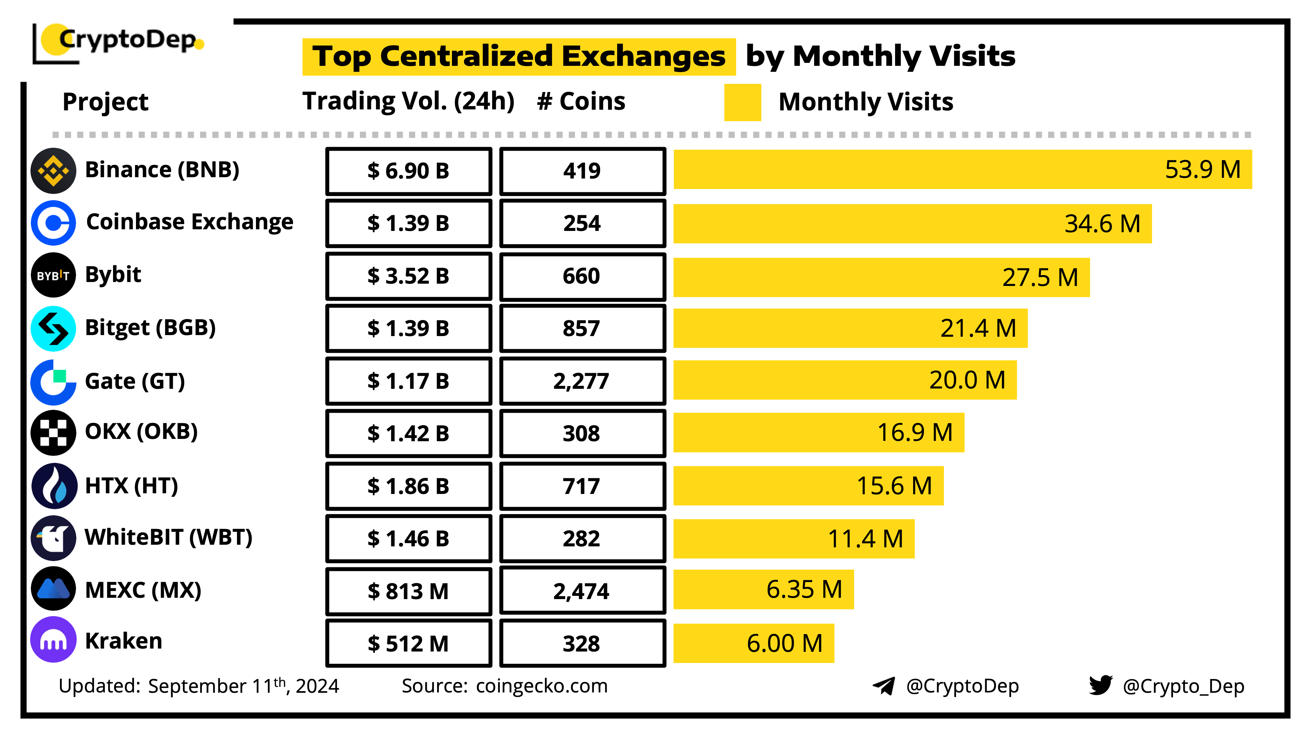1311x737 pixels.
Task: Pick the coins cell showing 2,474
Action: tap(582, 591)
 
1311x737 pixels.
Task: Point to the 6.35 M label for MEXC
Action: tap(804, 590)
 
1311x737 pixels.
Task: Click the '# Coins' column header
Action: tap(581, 101)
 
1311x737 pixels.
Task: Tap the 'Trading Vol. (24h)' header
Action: tap(408, 101)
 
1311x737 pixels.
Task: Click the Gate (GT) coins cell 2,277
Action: tap(582, 381)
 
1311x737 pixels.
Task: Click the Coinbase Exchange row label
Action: tap(189, 222)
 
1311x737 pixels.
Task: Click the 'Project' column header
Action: tap(105, 102)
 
